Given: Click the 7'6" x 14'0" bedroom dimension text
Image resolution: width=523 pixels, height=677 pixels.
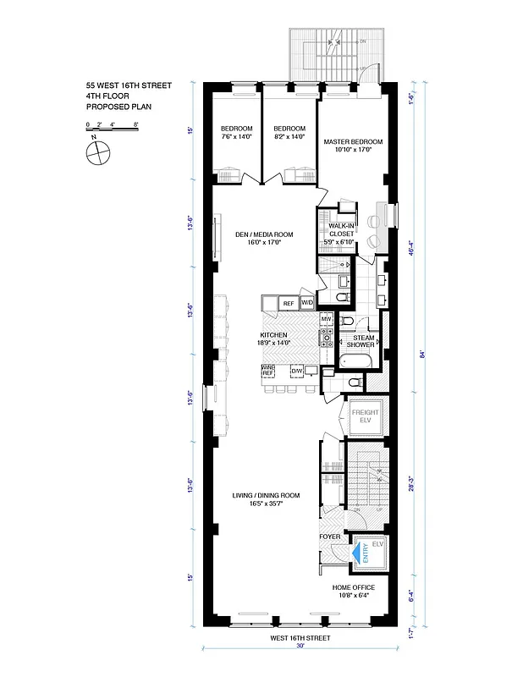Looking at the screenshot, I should coord(237,136).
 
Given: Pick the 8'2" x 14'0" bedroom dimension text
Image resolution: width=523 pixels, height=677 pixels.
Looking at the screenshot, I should coord(289,136).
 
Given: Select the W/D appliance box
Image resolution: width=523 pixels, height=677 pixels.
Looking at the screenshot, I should coord(307,302).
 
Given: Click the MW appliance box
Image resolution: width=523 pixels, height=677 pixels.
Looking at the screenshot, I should coord(326,319).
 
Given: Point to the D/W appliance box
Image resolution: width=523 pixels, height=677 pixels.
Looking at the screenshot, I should coord(297,371).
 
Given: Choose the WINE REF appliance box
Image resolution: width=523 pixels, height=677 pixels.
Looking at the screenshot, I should coord(269,370).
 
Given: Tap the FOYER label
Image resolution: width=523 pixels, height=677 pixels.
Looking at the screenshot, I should coord(329,537).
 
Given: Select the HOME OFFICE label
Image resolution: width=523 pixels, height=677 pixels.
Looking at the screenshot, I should coord(353,586).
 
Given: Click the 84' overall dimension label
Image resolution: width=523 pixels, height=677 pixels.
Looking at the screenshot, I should coord(421,354).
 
